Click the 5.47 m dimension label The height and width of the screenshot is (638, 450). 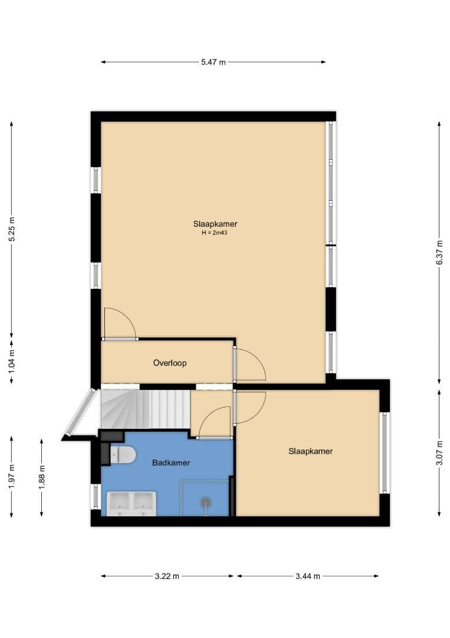pyautogui.click(x=213, y=62)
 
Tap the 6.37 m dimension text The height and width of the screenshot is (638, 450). pyautogui.click(x=439, y=253)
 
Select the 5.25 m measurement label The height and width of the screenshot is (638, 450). pyautogui.click(x=12, y=229)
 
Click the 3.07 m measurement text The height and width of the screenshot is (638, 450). pyautogui.click(x=439, y=453)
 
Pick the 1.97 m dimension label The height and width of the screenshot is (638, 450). pyautogui.click(x=12, y=477)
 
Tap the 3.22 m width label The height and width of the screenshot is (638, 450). pyautogui.click(x=167, y=576)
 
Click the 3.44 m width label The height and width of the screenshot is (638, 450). pyautogui.click(x=308, y=576)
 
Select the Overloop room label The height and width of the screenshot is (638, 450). pyautogui.click(x=170, y=363)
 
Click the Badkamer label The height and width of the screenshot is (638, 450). pyautogui.click(x=171, y=463)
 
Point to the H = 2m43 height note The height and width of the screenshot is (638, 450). pyautogui.click(x=215, y=233)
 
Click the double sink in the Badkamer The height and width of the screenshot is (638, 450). pyautogui.click(x=131, y=504)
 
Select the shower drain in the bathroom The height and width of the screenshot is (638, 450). pyautogui.click(x=206, y=502)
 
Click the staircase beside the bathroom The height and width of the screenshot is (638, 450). pyautogui.click(x=145, y=409)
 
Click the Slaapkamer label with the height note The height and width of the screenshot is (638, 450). pyautogui.click(x=215, y=224)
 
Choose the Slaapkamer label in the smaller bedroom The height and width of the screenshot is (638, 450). pyautogui.click(x=311, y=451)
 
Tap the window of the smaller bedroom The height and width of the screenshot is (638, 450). pyautogui.click(x=385, y=453)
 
